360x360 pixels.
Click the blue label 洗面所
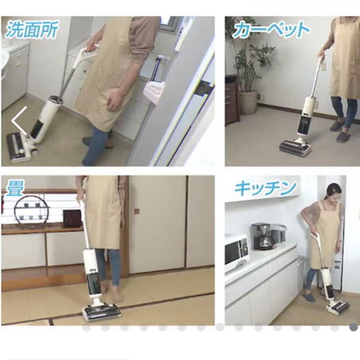(31, 29)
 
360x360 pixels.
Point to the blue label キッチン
(266, 188)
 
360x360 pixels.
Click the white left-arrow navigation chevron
(19, 121)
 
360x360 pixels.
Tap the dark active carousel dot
(354, 327)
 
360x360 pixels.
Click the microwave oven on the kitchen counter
(236, 252)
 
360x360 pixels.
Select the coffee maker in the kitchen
(261, 236)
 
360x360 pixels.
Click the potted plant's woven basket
(249, 102)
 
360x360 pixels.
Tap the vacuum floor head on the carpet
(295, 147)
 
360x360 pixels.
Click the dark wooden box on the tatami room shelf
(72, 218)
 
